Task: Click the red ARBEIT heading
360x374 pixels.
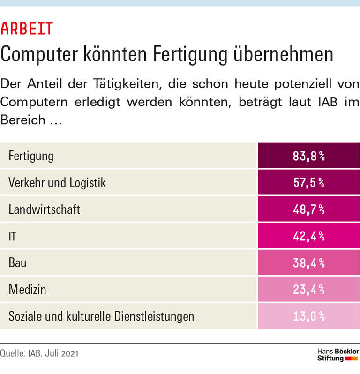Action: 27,29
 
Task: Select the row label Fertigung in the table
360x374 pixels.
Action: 31,156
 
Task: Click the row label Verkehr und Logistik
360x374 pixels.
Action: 57,183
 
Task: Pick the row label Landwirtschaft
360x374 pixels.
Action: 45,209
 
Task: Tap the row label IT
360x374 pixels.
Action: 13,236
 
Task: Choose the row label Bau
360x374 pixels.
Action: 17,263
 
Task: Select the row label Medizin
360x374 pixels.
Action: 28,290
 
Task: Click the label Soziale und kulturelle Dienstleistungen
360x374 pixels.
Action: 101,316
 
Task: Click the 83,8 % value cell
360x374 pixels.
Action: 308,156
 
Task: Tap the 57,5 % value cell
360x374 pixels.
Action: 308,183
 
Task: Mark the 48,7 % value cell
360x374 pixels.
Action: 308,209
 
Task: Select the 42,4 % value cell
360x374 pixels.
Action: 308,236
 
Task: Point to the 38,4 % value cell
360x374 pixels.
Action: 308,263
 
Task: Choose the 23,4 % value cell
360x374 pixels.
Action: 308,290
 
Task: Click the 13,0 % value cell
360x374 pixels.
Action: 308,316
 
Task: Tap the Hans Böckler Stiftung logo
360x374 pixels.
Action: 337,355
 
